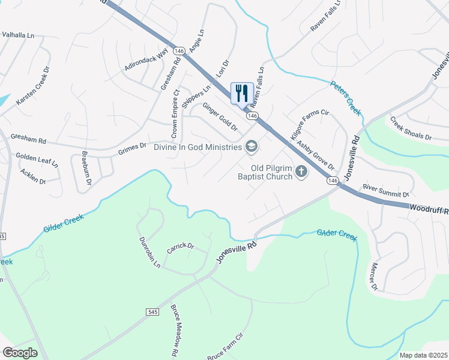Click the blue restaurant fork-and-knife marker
(x=242, y=94)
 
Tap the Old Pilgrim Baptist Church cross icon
(x=301, y=173)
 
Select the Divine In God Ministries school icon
(x=252, y=146)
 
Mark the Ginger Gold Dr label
(x=220, y=116)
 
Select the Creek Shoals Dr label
(x=411, y=128)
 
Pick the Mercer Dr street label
(x=374, y=277)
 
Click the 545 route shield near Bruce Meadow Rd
(x=151, y=312)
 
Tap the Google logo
(x=20, y=353)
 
